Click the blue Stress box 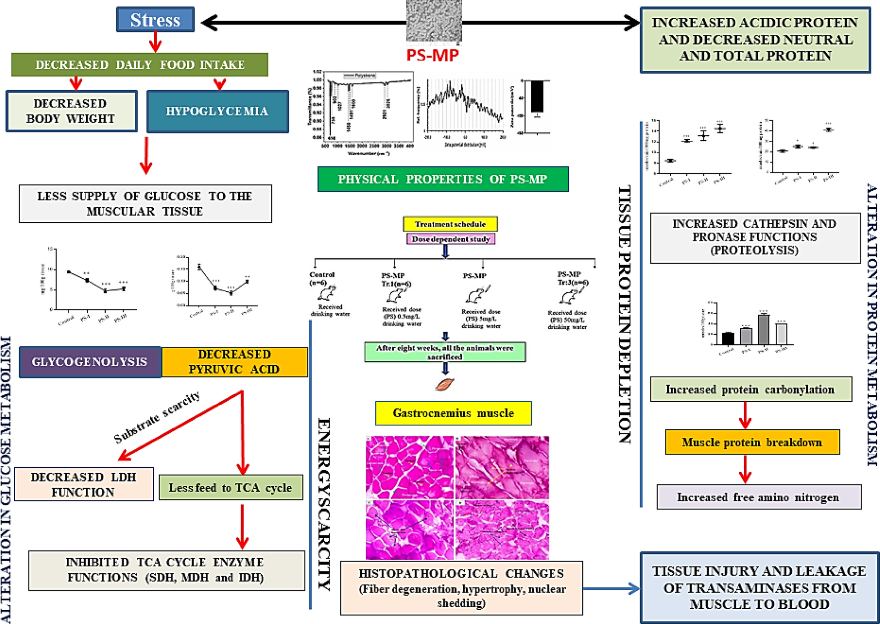155,19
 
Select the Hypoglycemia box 217,111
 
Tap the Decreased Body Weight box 71,111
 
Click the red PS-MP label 432,55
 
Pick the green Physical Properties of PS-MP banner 442,179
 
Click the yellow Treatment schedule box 450,224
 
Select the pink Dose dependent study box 450,239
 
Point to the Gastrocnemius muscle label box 453,413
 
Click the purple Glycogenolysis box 90,362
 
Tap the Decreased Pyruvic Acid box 234,362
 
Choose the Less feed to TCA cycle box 230,488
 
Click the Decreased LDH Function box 84,484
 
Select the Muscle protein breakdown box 752,442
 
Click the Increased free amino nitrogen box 758,497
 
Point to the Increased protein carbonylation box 750,390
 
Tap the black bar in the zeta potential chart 537,96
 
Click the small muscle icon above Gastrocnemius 445,384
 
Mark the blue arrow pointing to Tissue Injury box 611,588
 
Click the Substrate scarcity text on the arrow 157,417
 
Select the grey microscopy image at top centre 434,21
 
